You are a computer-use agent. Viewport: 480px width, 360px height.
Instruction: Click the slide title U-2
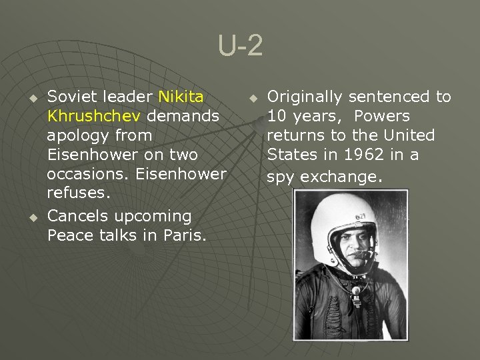240,47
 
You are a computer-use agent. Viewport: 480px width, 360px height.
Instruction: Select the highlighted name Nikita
181,97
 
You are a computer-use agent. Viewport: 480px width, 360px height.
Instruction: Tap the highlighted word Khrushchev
94,116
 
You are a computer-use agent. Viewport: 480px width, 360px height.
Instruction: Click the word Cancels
78,216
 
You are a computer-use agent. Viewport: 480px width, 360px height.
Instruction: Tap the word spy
281,177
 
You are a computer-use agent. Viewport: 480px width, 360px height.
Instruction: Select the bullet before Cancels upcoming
31,217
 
